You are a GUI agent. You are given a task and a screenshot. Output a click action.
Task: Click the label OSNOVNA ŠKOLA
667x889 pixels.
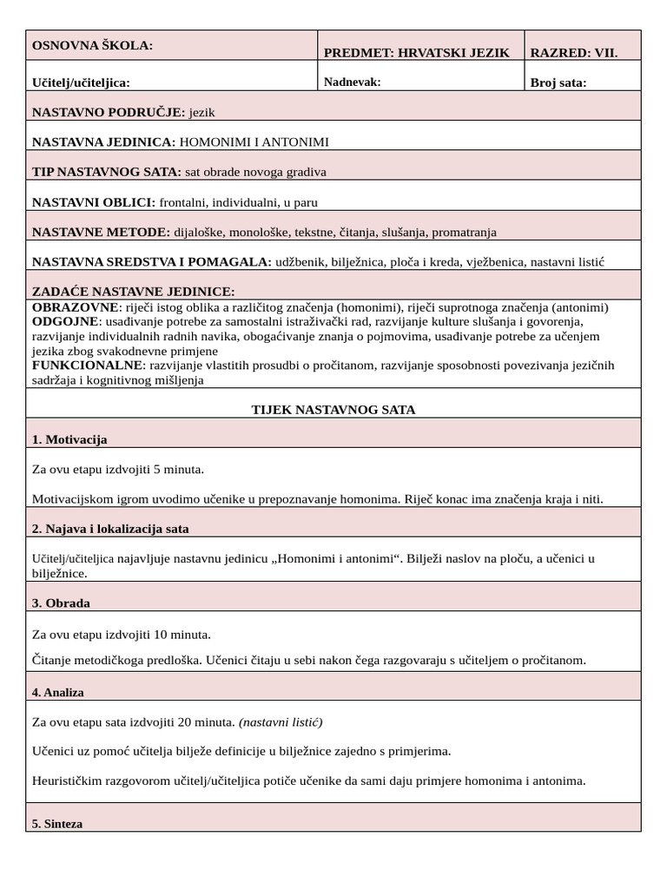click(92, 45)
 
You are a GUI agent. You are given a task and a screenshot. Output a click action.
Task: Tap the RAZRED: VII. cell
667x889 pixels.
click(574, 53)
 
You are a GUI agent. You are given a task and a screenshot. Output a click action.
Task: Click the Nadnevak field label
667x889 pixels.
click(352, 82)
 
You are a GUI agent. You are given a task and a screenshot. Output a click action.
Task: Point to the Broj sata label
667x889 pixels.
click(558, 83)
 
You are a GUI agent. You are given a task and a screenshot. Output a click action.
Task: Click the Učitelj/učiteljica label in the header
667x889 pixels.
click(81, 82)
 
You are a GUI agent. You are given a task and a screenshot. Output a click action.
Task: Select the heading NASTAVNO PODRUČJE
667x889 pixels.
click(109, 112)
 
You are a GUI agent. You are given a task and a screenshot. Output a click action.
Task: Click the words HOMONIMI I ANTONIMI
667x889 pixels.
click(254, 142)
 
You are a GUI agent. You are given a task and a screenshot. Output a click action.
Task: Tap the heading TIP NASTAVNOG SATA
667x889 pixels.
click(107, 172)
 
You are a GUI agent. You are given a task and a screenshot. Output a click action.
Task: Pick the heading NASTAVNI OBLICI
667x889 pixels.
click(94, 202)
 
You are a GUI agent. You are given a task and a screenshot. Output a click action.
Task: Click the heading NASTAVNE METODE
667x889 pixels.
click(101, 232)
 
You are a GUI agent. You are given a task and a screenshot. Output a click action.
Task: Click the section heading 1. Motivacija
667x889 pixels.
click(69, 439)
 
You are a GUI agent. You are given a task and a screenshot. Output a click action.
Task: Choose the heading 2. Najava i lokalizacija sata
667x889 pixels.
click(110, 529)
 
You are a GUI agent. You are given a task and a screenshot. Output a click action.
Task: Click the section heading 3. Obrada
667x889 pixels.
click(61, 603)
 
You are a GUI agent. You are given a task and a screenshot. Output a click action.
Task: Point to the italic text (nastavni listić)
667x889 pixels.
click(281, 721)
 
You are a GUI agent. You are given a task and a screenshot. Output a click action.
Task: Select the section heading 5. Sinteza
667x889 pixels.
click(57, 823)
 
